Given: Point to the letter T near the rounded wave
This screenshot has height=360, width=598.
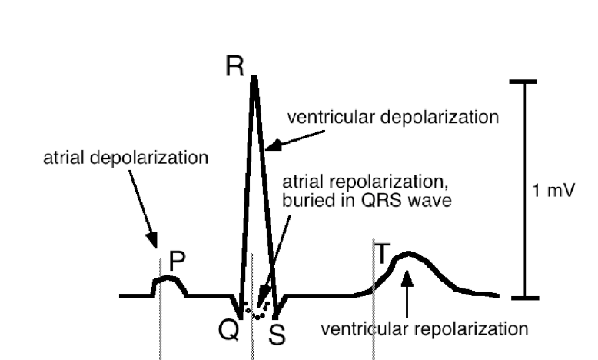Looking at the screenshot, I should click(x=383, y=250).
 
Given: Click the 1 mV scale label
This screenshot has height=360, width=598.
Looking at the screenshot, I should click(x=553, y=189).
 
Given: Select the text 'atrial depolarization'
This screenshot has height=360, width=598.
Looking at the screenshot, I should click(x=125, y=159).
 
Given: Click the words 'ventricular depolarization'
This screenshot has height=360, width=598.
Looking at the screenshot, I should click(x=393, y=118).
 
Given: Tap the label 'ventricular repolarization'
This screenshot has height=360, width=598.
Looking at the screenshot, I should click(x=424, y=329).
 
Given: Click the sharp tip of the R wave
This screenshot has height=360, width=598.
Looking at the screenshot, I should click(x=254, y=77).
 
